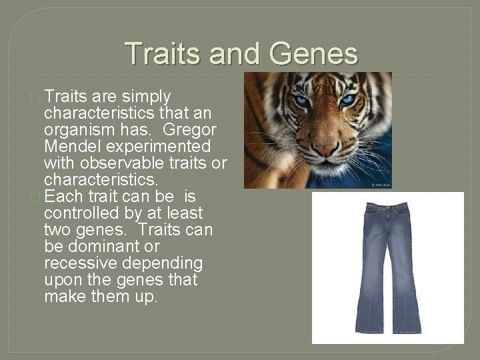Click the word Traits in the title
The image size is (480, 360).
click(163, 53)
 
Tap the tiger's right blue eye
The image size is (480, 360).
click(347, 100)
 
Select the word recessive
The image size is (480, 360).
click(78, 263)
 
